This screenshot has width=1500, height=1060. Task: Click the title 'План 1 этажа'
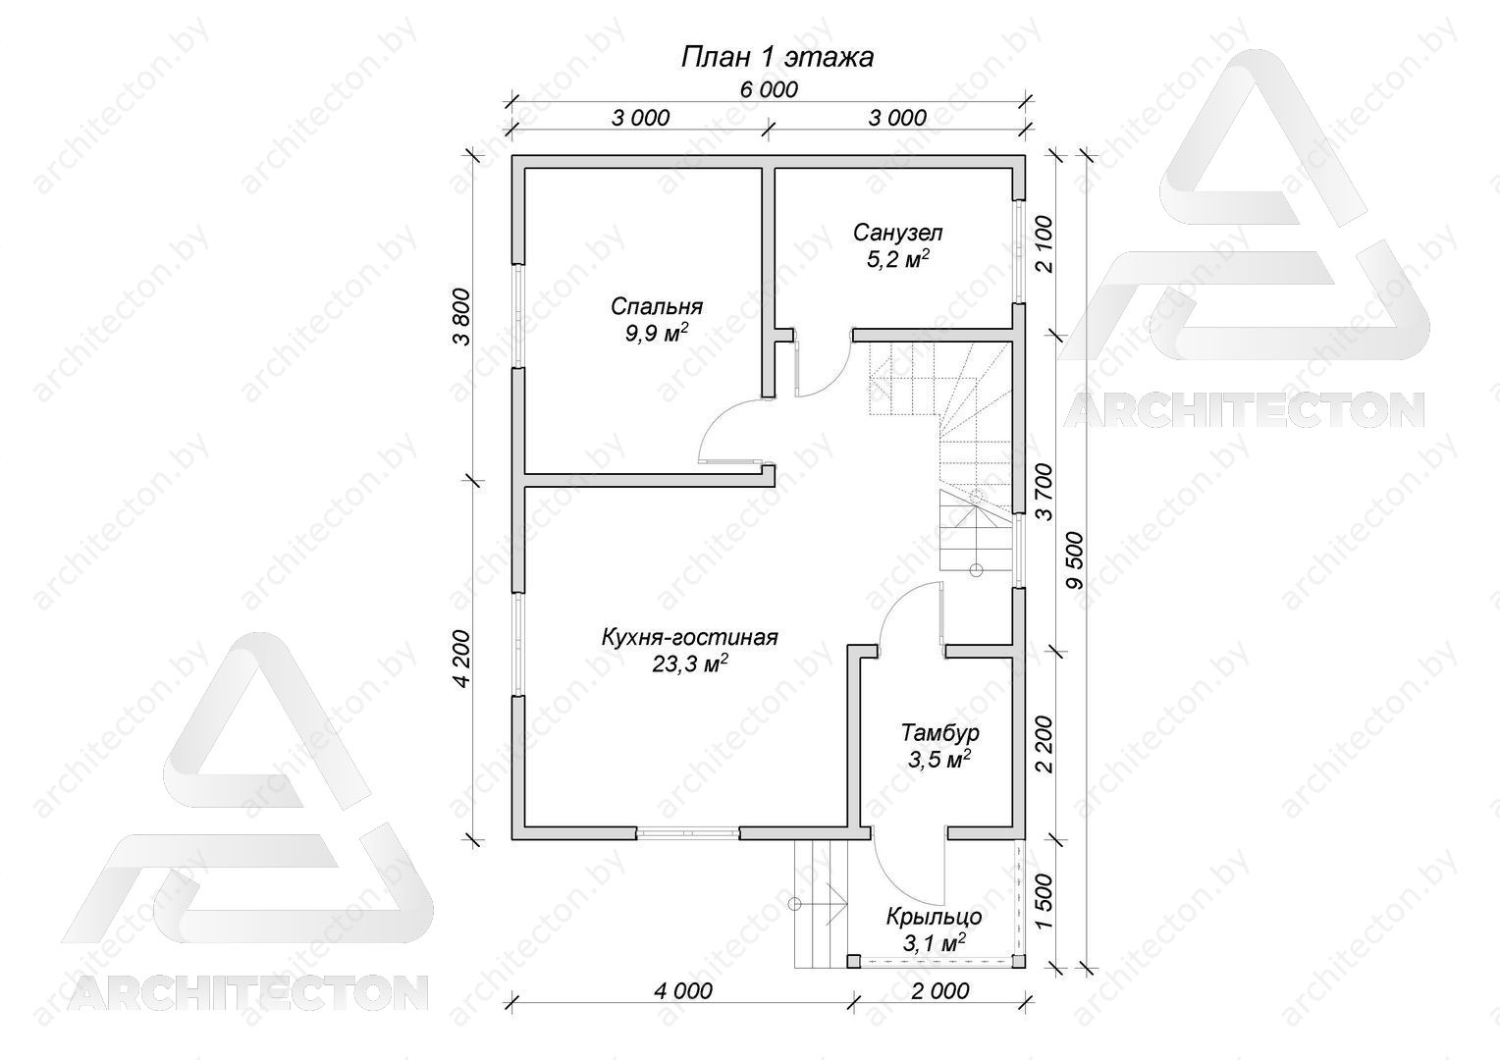pyautogui.click(x=777, y=58)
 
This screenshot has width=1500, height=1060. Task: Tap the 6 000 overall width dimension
pyautogui.click(x=769, y=89)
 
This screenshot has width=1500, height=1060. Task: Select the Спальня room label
pyautogui.click(x=656, y=306)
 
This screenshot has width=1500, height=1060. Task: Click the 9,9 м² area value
pyautogui.click(x=656, y=332)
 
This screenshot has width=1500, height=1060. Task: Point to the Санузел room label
pyautogui.click(x=898, y=233)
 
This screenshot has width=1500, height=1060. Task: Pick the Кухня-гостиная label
pyautogui.click(x=690, y=637)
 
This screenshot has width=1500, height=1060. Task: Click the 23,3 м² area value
pyautogui.click(x=690, y=663)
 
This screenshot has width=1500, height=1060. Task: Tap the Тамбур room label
pyautogui.click(x=940, y=732)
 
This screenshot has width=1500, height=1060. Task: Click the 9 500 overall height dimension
pyautogui.click(x=1076, y=559)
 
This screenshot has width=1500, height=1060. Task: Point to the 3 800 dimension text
pyautogui.click(x=461, y=316)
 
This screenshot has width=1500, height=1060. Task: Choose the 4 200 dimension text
pyautogui.click(x=461, y=659)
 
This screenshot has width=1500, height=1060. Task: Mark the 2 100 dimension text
pyautogui.click(x=1044, y=243)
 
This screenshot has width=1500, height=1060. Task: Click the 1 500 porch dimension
pyautogui.click(x=1044, y=902)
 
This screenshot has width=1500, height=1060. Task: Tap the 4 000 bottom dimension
pyautogui.click(x=683, y=990)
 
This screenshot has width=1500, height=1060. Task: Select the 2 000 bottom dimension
pyautogui.click(x=939, y=990)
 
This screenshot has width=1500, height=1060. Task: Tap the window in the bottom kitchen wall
pyautogui.click(x=688, y=832)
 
